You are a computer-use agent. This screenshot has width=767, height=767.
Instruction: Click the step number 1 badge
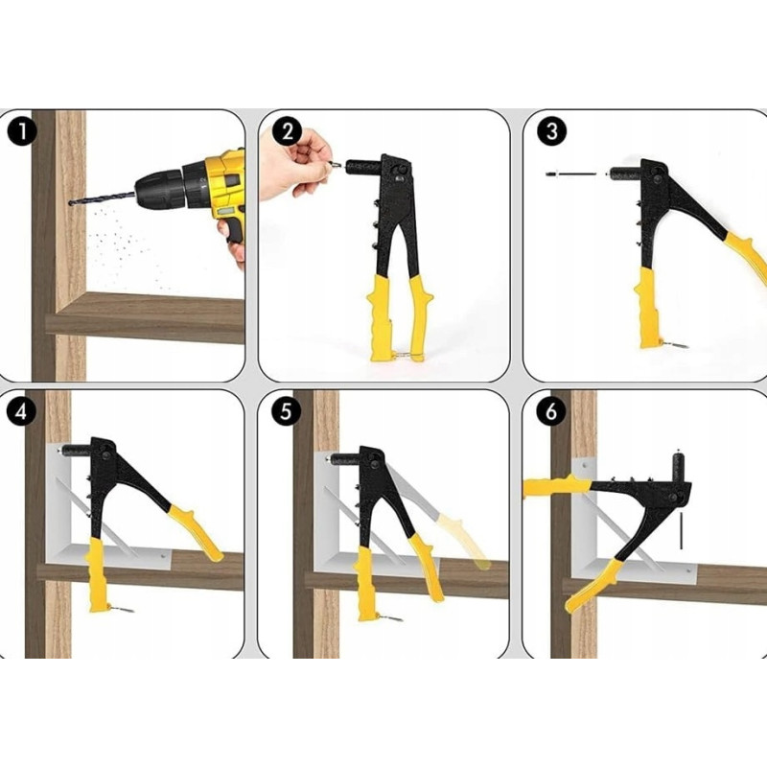point(21,132)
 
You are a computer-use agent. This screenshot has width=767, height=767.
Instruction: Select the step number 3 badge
point(551,131)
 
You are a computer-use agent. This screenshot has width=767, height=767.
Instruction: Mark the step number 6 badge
point(550,411)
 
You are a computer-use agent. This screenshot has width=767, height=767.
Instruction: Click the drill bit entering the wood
point(102,198)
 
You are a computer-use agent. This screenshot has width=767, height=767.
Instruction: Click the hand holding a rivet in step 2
point(292,163)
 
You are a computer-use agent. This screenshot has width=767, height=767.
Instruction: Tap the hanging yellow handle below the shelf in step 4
point(98,574)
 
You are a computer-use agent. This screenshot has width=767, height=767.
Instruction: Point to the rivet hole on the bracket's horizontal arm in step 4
point(163,556)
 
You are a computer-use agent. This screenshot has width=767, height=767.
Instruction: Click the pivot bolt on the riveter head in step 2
point(403,170)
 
